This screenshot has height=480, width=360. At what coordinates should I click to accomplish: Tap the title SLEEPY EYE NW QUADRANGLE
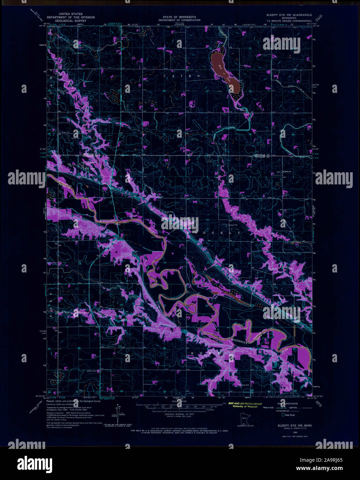pos(289,15)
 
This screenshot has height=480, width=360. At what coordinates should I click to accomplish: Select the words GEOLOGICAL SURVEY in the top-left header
pos(70,21)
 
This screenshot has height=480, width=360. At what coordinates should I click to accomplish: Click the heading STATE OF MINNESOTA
pos(179,17)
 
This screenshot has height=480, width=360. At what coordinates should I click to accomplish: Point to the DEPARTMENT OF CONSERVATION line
pos(179,20)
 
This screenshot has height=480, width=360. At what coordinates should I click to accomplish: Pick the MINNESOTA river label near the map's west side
pos(108,220)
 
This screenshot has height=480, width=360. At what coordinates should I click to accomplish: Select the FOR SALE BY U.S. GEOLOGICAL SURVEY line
pos(179,431)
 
